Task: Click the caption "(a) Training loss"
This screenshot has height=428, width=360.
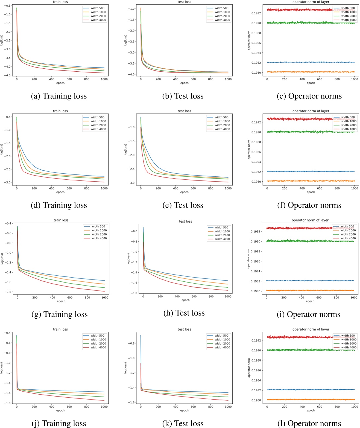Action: (59, 96)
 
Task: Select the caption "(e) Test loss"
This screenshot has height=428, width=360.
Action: (183, 205)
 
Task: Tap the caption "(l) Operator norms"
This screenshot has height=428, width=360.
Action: (309, 423)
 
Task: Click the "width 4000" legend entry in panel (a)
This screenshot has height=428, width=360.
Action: (98, 20)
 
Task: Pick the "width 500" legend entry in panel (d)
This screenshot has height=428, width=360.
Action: (97, 117)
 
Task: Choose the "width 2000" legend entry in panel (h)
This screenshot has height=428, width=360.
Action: (222, 235)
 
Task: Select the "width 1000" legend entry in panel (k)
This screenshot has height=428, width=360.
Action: (222, 340)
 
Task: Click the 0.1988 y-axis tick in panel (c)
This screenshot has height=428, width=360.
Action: (256, 33)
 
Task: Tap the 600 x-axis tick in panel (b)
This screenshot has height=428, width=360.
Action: (193, 79)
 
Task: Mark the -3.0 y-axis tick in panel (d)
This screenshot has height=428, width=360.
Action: (7, 182)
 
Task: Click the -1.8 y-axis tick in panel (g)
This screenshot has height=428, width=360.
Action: (8, 292)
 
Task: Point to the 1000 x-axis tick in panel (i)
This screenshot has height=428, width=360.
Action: (354, 298)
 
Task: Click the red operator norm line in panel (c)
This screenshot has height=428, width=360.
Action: (301, 10)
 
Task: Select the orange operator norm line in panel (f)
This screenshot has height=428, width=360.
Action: (301, 181)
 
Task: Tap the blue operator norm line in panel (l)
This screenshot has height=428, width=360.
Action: (301, 390)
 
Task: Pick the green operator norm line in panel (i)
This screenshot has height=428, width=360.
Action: (301, 241)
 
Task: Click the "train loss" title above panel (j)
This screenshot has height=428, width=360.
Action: (60, 329)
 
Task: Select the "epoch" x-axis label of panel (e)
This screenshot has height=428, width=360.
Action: (184, 192)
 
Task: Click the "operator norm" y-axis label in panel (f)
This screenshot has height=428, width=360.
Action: (249, 150)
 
